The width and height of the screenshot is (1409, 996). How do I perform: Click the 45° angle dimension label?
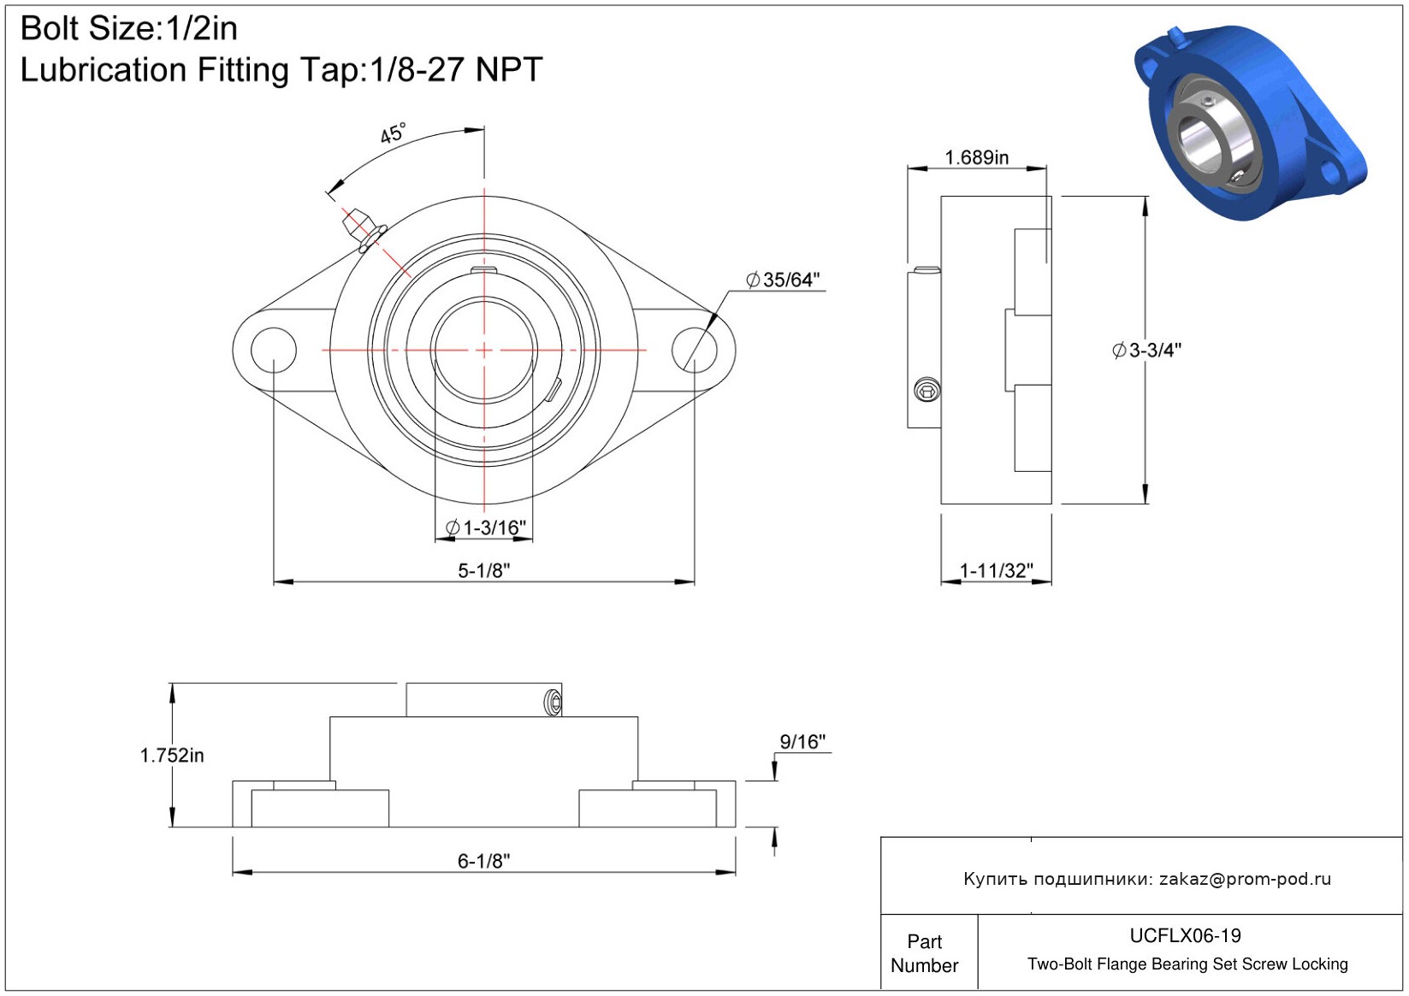[394, 133]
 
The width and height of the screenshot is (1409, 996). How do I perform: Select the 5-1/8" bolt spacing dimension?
[483, 571]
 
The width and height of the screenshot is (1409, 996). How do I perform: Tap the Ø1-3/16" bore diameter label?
[485, 527]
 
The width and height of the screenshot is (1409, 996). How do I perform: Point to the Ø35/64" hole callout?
[783, 280]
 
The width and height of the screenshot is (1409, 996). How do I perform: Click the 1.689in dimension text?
[977, 157]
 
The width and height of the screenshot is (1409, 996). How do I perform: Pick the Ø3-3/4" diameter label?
[1146, 351]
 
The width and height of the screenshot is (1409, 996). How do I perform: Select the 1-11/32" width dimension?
[997, 571]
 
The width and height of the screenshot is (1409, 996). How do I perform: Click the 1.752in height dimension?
[172, 755]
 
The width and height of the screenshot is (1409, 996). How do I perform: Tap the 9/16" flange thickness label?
[802, 742]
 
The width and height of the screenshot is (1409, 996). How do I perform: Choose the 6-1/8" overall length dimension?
[483, 861]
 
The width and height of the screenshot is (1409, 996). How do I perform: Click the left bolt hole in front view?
[274, 350]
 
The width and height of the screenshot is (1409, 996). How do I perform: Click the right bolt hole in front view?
[695, 350]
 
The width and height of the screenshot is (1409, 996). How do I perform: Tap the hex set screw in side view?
[927, 390]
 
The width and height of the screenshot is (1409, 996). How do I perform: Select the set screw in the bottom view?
[553, 703]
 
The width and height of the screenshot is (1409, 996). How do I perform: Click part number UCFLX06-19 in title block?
[1185, 935]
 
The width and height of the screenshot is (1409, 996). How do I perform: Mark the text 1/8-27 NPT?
[456, 69]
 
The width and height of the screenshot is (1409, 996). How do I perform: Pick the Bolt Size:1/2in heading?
[129, 28]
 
